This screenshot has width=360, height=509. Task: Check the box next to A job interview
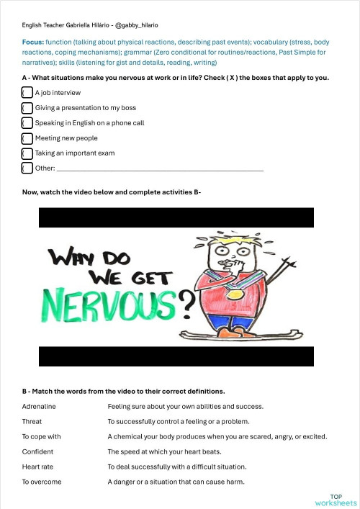pos(27,93)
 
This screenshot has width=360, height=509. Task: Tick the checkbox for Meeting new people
pos(27,138)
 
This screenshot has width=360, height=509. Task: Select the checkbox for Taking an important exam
pos(27,153)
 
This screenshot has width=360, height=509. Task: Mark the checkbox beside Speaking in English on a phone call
pos(27,123)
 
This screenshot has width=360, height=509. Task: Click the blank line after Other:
pos(159,168)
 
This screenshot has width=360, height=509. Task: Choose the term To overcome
pos(42,482)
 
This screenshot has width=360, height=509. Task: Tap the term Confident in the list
pos(37,451)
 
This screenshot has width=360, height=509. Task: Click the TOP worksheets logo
pos(336,500)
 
